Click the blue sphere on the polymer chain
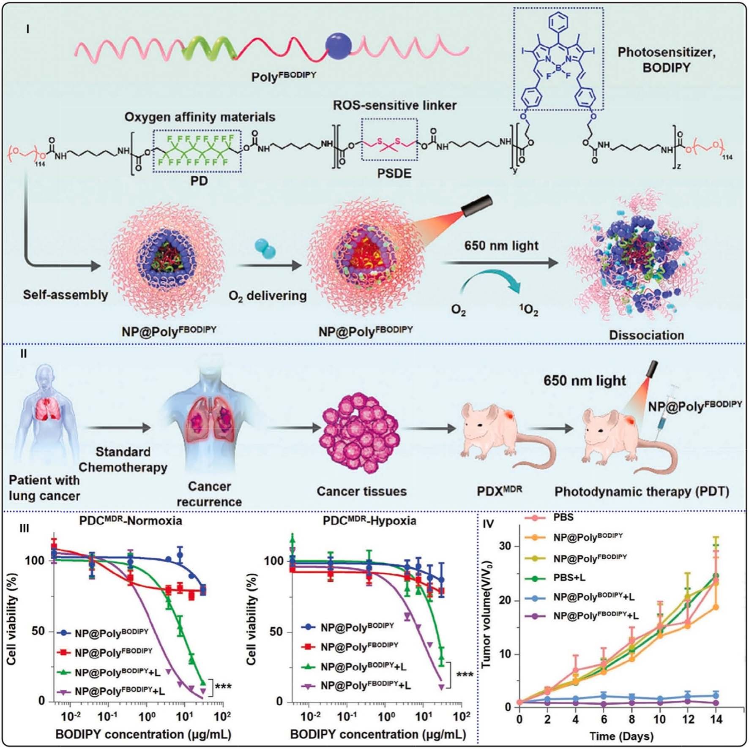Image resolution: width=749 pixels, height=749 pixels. tap(338, 46)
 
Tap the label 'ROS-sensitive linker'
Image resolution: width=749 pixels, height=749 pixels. tap(394, 105)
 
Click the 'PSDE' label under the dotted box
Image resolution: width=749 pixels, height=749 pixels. tap(394, 174)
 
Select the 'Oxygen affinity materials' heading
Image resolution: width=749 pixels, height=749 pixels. tap(200, 117)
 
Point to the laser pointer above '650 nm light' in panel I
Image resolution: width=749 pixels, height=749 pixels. tap(477, 206)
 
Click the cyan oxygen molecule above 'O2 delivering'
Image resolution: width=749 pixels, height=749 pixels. tap(265, 249)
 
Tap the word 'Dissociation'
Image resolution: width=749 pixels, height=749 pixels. tap(646, 335)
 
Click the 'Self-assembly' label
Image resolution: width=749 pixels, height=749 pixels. tap(66, 294)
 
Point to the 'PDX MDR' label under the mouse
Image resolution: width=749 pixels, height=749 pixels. tap(499, 491)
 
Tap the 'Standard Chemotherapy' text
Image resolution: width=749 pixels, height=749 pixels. tap(123, 459)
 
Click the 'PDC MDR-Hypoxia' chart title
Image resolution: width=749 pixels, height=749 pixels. tap(369, 520)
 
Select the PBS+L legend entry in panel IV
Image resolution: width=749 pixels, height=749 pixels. tap(569, 577)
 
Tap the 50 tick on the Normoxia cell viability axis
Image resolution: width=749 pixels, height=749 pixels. tap(38, 631)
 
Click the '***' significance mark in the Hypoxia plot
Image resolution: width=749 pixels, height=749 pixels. tap(465, 674)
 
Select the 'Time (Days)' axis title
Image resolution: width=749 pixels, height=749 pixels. tap(621, 736)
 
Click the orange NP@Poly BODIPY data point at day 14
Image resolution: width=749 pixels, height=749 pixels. tap(716, 607)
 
